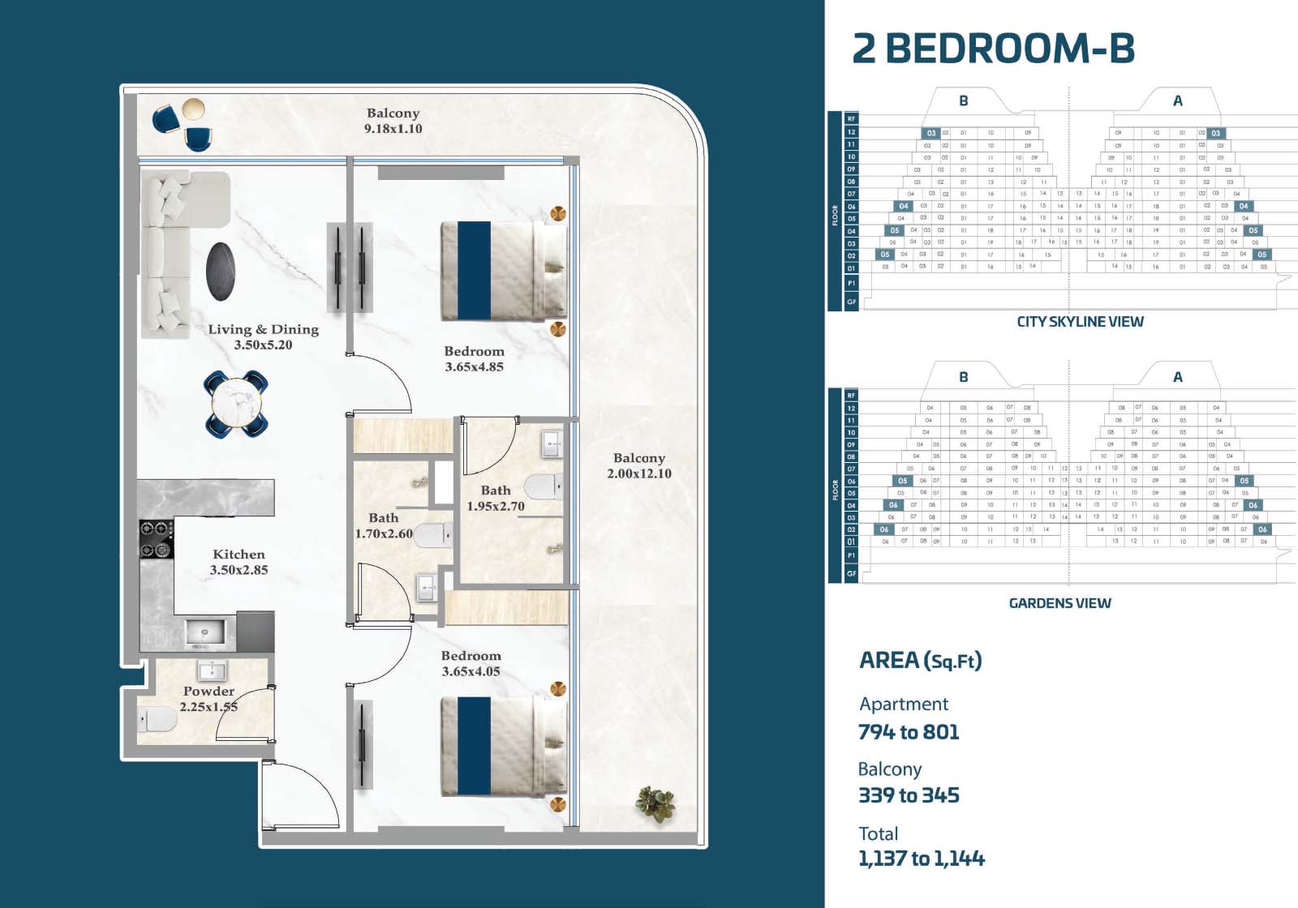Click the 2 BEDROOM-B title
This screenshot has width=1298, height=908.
993,49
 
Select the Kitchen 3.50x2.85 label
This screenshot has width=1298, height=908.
239,562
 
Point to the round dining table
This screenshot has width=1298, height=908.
237,402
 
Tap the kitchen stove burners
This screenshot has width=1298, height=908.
156,540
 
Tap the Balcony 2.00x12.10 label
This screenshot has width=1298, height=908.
639,466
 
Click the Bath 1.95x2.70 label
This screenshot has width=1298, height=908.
496,499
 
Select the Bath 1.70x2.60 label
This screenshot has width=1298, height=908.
384,525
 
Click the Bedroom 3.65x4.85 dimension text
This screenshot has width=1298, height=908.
474,366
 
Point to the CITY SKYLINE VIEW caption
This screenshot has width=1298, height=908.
1080,322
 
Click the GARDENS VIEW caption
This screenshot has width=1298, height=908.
1059,603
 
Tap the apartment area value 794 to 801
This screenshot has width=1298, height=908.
909,732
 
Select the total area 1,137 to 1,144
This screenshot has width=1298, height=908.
922,859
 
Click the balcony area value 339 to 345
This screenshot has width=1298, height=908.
909,795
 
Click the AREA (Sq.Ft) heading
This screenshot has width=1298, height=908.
920,661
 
